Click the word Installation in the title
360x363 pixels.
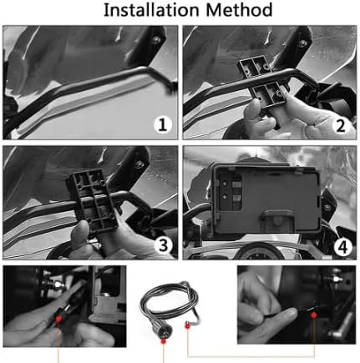[152, 10]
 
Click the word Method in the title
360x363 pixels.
[239, 10]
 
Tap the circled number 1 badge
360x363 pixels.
[163, 125]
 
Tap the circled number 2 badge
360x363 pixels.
[341, 126]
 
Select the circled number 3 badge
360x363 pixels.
[164, 245]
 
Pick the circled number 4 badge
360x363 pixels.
[343, 247]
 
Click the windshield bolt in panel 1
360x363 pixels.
[157, 39]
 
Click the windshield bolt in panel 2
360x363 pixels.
[302, 43]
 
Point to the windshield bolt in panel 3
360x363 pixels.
[139, 164]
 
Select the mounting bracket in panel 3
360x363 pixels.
[93, 201]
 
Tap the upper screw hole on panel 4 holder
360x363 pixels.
[224, 184]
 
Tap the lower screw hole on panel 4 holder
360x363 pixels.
[224, 197]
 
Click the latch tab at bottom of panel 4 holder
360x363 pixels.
[277, 220]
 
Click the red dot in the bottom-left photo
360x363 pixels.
[58, 318]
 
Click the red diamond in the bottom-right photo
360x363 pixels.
[314, 315]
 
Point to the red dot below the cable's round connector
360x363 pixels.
[164, 341]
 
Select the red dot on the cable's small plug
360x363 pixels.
[187, 325]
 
